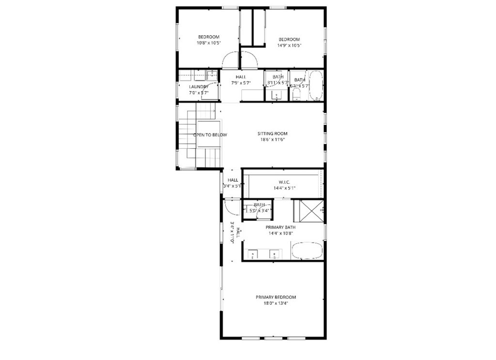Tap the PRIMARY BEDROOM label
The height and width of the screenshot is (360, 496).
pyautogui.click(x=276, y=297)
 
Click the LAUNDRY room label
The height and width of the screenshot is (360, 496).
pyautogui.click(x=199, y=87)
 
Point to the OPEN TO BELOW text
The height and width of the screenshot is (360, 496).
pyautogui.click(x=210, y=135)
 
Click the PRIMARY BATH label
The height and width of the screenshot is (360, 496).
pyautogui.click(x=280, y=227)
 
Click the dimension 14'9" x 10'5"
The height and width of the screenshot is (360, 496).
pyautogui.click(x=289, y=46)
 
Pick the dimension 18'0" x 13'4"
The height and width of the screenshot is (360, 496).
pyautogui.click(x=276, y=304)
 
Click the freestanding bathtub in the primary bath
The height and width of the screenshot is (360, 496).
pyautogui.click(x=307, y=251)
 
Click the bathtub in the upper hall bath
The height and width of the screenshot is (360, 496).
pyautogui.click(x=316, y=86)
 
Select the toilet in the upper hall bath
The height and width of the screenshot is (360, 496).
pyautogui.click(x=297, y=94)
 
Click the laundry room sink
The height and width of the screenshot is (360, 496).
pyautogui.click(x=212, y=75)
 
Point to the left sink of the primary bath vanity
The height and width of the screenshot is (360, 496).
pyautogui.click(x=253, y=253)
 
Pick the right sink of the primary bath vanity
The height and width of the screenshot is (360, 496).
pyautogui.click(x=275, y=253)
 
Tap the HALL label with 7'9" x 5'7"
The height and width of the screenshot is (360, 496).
pyautogui.click(x=241, y=77)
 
